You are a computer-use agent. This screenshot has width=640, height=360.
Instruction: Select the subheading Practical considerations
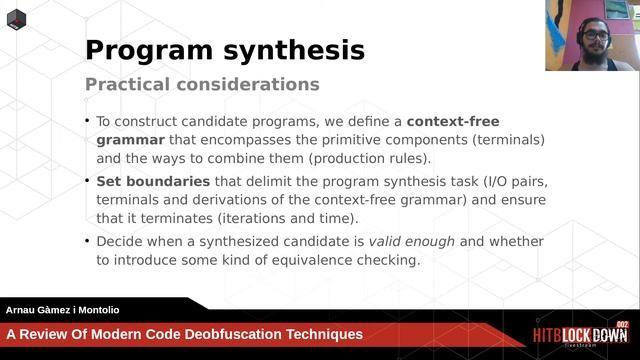coord(202,84)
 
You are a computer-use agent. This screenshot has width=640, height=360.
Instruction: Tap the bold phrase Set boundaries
coord(153,181)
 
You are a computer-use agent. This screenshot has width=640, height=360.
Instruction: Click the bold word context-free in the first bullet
coord(453,121)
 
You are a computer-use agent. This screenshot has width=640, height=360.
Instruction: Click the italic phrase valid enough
coord(412,241)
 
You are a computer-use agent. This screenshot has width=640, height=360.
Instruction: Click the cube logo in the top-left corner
coord(17,19)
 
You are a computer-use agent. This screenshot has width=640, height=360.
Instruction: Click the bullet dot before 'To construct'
coord(87,122)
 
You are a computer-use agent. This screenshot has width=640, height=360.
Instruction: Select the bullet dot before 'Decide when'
coord(87,242)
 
